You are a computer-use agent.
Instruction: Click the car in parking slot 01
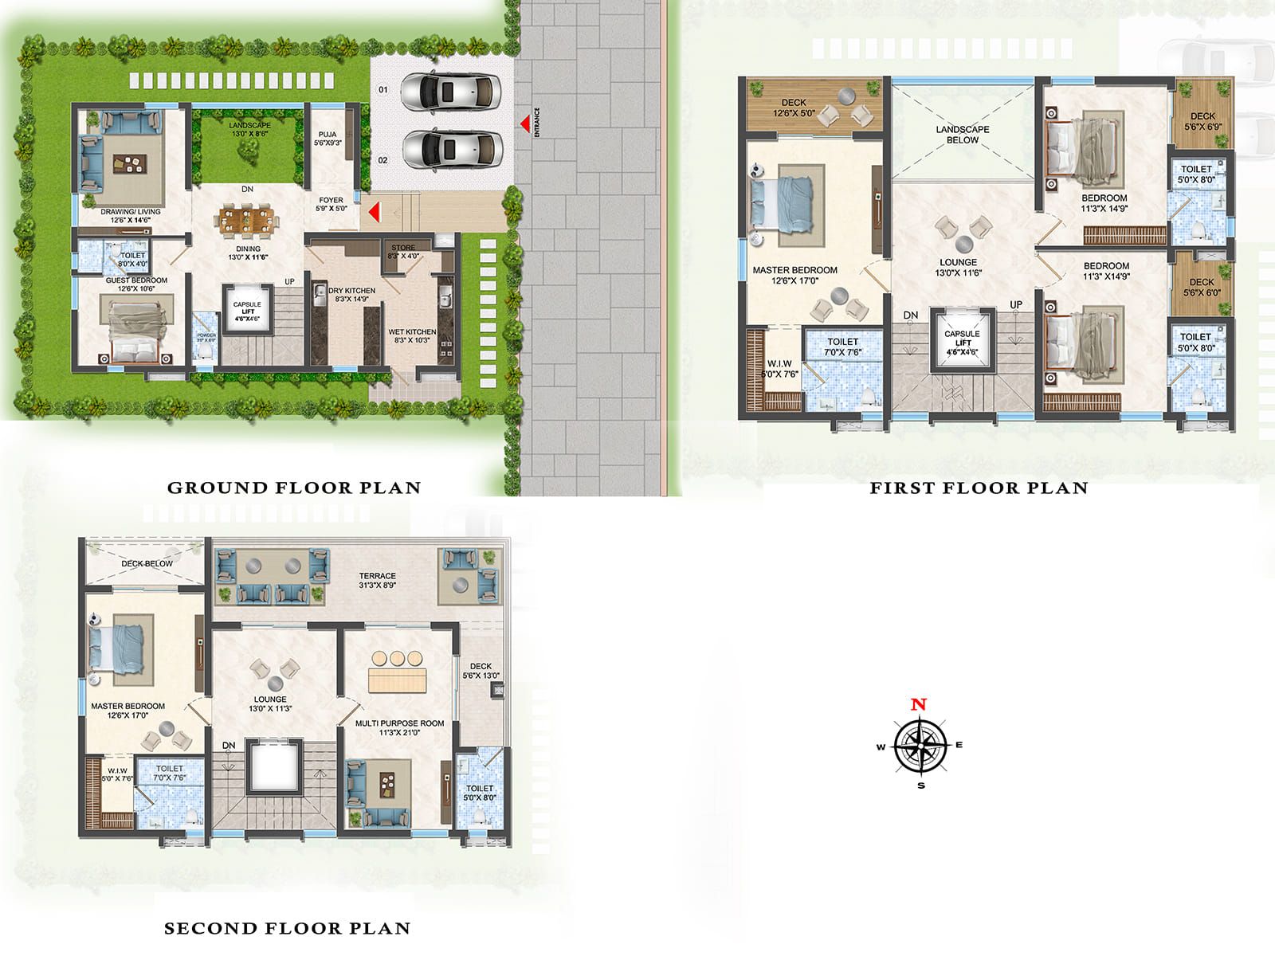[450, 92]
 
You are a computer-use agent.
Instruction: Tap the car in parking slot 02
[451, 149]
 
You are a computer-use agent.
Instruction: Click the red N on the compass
[919, 704]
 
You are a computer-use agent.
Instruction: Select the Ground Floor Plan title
[293, 488]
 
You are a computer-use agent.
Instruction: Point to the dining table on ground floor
[247, 221]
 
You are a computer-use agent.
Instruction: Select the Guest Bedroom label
[136, 280]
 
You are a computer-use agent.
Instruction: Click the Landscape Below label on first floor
[963, 135]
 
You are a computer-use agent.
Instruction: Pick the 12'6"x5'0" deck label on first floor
[794, 108]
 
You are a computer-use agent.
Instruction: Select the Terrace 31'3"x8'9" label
[377, 580]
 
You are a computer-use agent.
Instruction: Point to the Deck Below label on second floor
[147, 563]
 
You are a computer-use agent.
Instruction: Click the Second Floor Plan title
[287, 928]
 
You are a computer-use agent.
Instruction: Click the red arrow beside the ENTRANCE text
[524, 123]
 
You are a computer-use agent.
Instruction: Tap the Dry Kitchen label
[351, 295]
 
